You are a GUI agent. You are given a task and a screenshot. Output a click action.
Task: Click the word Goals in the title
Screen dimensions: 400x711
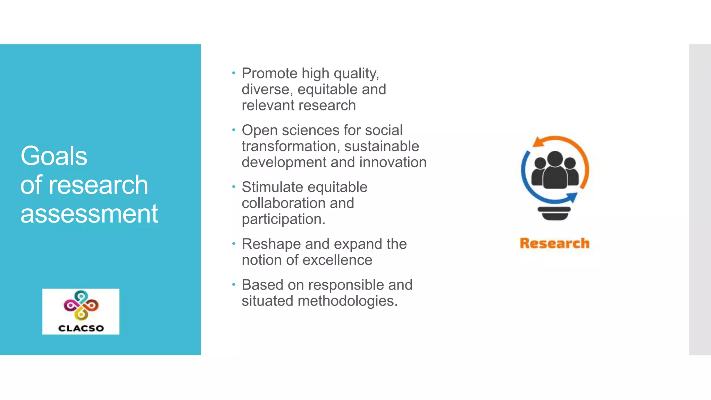tap(54, 156)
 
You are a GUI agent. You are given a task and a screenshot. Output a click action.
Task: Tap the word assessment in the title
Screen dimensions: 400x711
tap(89, 214)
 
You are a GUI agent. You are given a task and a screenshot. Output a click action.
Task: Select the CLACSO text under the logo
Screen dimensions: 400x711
tap(81, 328)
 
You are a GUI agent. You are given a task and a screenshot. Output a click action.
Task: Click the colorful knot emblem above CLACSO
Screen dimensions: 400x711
tap(81, 305)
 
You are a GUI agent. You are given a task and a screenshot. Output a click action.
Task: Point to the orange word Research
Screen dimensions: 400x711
tap(554, 243)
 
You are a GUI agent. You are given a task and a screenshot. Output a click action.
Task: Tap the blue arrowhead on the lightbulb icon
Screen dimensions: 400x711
tap(572, 197)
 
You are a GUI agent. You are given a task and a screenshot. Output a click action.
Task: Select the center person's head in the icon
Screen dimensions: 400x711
tap(555, 159)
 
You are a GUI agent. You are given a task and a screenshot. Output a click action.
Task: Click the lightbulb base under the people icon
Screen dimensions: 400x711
tap(554, 213)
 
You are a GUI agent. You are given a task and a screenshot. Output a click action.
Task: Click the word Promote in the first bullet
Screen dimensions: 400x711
tap(269, 73)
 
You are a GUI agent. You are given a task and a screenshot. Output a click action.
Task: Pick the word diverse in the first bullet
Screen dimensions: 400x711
tap(265, 90)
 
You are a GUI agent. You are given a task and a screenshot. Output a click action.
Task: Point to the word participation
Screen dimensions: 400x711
tap(283, 219)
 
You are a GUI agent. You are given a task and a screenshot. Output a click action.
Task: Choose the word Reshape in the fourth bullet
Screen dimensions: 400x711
tap(271, 244)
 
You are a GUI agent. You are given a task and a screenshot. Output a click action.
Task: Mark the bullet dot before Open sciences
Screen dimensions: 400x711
tap(234, 130)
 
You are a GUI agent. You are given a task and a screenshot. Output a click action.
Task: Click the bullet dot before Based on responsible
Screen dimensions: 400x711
tap(234, 285)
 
